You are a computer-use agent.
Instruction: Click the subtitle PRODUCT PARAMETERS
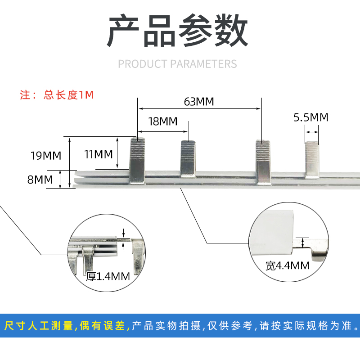coord(177,64)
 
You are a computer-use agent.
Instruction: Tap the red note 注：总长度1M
coord(57,95)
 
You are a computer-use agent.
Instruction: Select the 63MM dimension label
coord(198,101)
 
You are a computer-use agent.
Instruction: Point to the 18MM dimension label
coord(162,121)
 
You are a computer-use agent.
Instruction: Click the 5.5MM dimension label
coord(311,117)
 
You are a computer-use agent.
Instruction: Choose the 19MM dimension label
coord(45,156)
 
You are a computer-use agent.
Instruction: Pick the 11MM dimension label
coord(98,155)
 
